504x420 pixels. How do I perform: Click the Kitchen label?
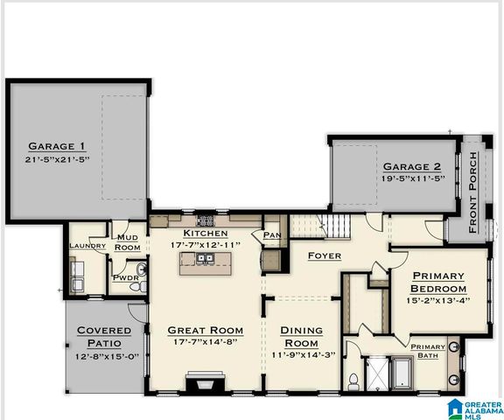206,234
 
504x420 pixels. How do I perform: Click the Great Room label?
205,330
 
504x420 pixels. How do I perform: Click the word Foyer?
324,255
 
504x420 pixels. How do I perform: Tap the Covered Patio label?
104,336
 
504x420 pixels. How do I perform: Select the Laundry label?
87,246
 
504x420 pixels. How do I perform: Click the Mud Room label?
128,242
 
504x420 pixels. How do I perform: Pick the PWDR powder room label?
123,277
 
